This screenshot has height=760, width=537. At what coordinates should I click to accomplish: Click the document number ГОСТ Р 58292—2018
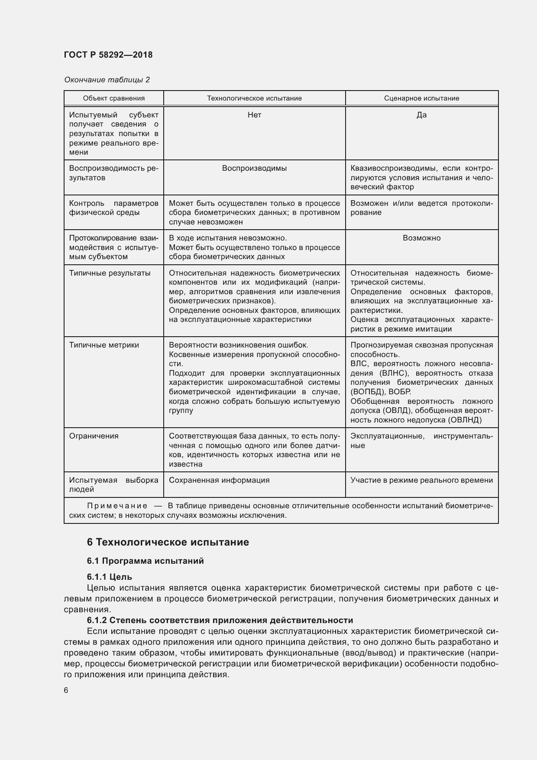tap(108, 55)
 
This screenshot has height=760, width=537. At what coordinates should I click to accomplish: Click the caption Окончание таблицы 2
tap(107, 80)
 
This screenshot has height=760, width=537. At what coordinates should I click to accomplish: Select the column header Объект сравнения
tap(114, 98)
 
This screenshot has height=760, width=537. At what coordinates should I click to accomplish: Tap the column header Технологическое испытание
tap(254, 98)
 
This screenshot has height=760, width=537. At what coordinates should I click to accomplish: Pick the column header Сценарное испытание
tap(421, 98)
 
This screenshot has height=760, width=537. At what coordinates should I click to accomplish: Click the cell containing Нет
tap(254, 115)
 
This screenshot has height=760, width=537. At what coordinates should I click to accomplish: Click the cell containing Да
tap(421, 115)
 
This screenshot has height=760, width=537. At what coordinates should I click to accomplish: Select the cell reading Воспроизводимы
tap(254, 168)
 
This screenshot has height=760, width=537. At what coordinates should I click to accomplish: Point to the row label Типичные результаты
tap(110, 273)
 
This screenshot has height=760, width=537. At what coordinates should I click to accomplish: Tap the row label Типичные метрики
tap(104, 345)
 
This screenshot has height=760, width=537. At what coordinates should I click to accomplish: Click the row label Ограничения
tap(94, 436)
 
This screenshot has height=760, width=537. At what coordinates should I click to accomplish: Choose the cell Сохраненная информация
tap(219, 480)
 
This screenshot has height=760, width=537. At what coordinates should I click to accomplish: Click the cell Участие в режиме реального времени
tap(421, 480)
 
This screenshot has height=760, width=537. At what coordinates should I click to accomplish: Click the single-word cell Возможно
tap(421, 238)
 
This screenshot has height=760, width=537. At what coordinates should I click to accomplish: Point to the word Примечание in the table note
tap(117, 506)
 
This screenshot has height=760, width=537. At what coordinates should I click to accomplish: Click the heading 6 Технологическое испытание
tap(168, 542)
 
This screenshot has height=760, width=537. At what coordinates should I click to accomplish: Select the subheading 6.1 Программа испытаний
tap(145, 561)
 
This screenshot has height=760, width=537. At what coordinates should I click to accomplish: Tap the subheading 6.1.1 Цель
tap(109, 577)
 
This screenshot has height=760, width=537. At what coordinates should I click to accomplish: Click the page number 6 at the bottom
tap(66, 691)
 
